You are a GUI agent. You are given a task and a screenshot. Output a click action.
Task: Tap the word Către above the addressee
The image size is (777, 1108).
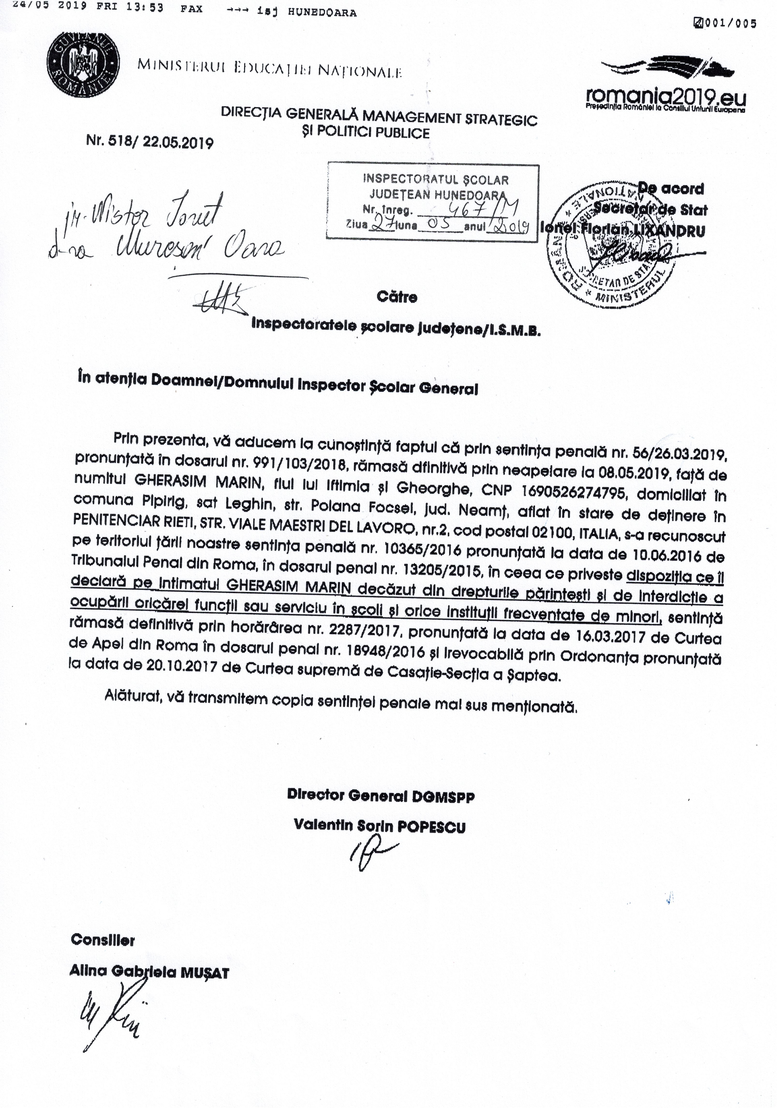[397, 296]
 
